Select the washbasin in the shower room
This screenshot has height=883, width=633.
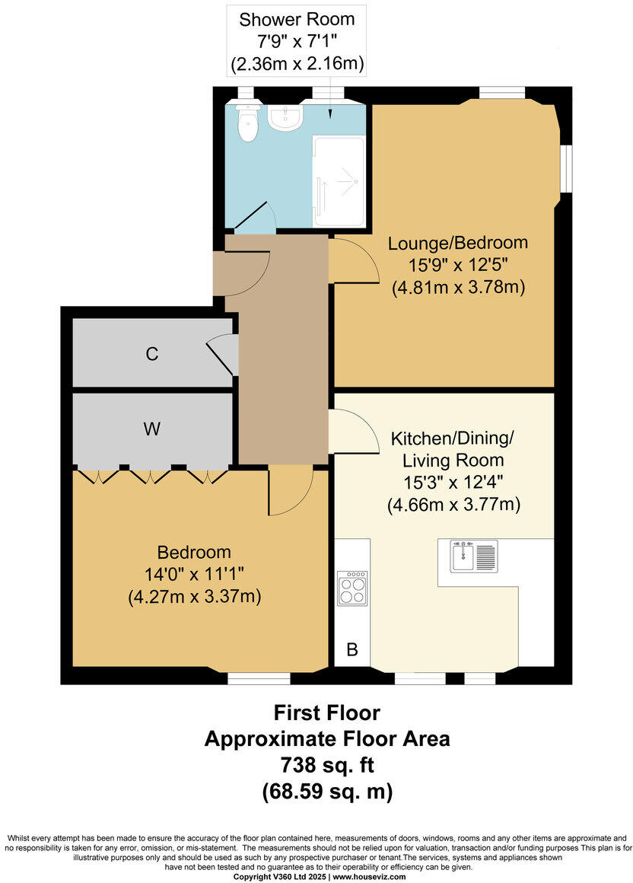click(286, 116)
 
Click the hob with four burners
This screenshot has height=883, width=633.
click(351, 587)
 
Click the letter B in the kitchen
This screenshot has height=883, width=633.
click(351, 650)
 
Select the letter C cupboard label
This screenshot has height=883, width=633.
click(152, 354)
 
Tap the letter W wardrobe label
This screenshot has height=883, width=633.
click(152, 429)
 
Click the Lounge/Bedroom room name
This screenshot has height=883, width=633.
click(458, 244)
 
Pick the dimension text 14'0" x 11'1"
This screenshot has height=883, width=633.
click(194, 575)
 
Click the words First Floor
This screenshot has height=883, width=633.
click(327, 712)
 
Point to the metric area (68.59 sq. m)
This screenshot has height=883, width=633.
click(327, 792)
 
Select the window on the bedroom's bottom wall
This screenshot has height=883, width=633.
click(258, 678)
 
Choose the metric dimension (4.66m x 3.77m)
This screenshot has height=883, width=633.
click(453, 503)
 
